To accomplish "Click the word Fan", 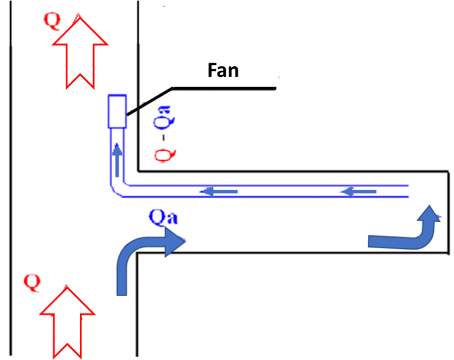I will pos(223,70).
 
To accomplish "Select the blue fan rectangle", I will pos(117,111).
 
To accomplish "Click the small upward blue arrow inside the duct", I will pos(118,158).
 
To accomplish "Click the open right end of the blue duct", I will pos(408,191).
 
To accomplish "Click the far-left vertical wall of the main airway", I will pos(11,177).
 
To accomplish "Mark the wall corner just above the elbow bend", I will pos(138,171).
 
